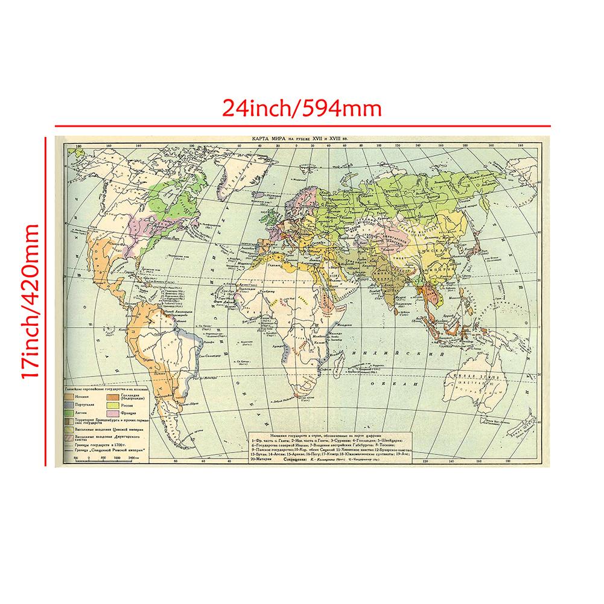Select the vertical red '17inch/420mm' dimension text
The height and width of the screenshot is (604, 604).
pyautogui.click(x=30, y=302)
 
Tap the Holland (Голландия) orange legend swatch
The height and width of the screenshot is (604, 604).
pyautogui.click(x=112, y=397)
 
